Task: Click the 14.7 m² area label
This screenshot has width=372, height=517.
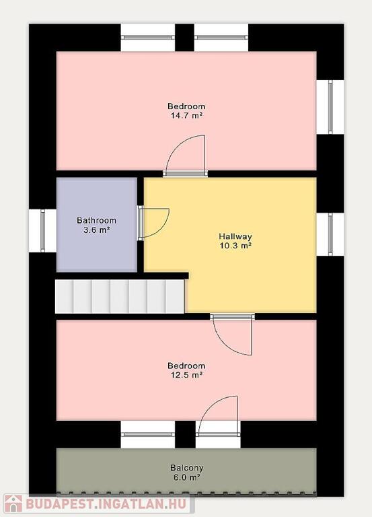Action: click(x=186, y=116)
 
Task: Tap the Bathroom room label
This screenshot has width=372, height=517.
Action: click(x=97, y=220)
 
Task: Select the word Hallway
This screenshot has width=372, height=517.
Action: click(x=235, y=236)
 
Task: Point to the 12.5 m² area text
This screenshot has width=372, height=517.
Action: click(x=186, y=375)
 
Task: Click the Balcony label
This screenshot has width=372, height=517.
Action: click(x=187, y=468)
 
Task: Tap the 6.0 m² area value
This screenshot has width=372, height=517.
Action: click(x=187, y=477)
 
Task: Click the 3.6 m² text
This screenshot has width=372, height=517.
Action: click(x=97, y=230)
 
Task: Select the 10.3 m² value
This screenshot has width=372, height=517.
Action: click(x=235, y=246)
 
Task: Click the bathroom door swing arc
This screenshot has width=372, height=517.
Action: click(x=163, y=229)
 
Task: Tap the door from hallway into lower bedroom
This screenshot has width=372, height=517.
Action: click(x=233, y=335)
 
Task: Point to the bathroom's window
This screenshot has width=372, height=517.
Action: click(x=42, y=230)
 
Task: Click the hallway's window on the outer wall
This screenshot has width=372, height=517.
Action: click(x=330, y=234)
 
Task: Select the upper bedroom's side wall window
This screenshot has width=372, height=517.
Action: click(x=330, y=107)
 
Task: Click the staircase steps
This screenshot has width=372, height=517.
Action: click(x=120, y=296)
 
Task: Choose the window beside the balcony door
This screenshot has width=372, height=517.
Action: click(x=147, y=434)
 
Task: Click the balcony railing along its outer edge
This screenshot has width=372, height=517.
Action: click(x=186, y=493)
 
